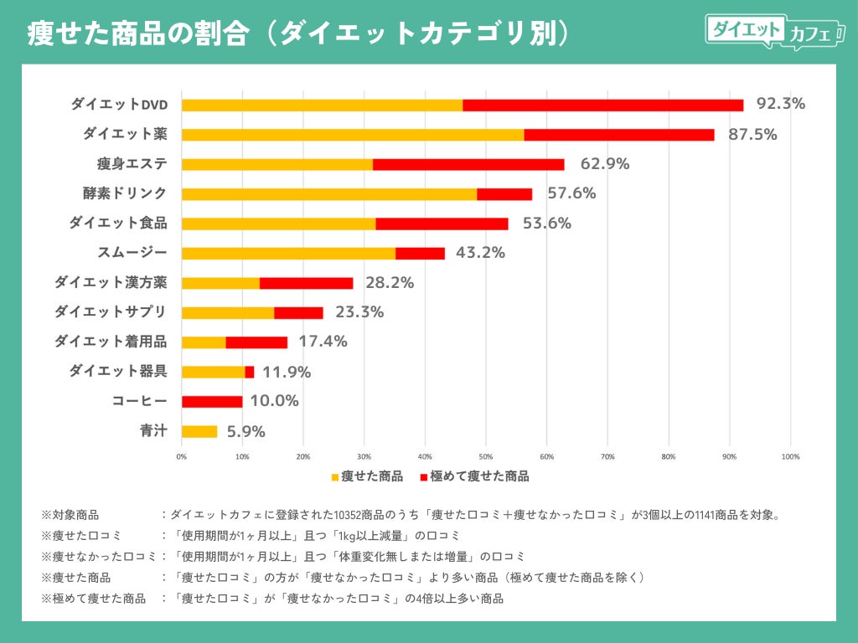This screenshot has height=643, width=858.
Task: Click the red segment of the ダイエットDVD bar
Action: coord(602,105)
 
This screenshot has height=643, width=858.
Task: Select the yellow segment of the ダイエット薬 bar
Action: coord(352,135)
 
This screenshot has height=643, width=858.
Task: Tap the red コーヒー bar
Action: coord(212,402)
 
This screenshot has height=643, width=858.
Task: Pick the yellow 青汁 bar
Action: coord(199,432)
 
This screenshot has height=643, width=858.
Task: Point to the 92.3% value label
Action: coord(780,104)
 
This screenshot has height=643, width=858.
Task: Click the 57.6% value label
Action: coord(571,193)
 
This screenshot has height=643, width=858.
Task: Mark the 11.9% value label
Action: coord(287,372)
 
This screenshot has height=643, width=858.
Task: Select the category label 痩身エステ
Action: coord(132,163)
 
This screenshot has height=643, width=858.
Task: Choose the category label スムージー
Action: coord(133,253)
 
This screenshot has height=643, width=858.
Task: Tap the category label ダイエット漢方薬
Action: coord(111,282)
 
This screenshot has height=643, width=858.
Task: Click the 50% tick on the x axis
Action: coord(486,457)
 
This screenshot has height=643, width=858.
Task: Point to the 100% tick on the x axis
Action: coord(790,457)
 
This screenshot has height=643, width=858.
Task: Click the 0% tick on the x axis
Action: coord(182,457)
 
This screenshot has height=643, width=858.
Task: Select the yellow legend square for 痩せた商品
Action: coord(335,477)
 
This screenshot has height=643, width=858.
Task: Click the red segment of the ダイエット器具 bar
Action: coord(250,372)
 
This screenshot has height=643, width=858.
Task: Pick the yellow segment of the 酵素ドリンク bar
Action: coord(328,194)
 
